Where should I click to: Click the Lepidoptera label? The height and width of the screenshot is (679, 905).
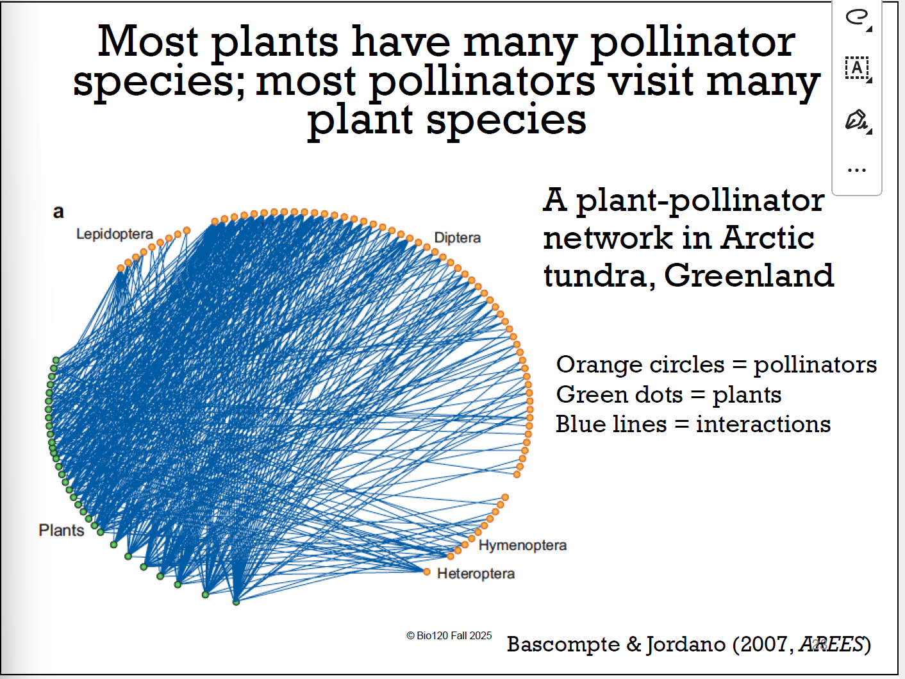click(114, 234)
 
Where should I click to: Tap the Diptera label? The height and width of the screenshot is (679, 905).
click(457, 238)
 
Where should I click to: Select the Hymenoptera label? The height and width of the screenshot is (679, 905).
click(522, 546)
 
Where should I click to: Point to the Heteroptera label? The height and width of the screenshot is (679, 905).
click(476, 574)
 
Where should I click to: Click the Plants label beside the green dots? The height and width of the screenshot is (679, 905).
click(61, 530)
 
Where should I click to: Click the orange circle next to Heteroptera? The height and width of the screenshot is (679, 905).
click(427, 571)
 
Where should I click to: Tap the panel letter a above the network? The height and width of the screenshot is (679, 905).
click(58, 212)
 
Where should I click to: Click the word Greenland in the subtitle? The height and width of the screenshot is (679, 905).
click(749, 276)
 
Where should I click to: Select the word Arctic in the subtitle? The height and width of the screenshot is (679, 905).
click(767, 238)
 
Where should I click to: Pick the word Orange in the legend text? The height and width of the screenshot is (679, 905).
click(599, 364)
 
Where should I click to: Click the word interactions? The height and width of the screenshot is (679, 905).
click(763, 424)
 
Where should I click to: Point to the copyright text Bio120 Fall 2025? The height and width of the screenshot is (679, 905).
click(449, 635)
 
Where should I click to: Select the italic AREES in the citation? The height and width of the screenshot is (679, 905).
click(831, 644)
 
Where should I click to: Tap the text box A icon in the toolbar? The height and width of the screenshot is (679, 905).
click(856, 67)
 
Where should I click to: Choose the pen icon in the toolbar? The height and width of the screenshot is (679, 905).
click(856, 120)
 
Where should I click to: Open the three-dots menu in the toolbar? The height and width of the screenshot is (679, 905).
click(856, 171)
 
